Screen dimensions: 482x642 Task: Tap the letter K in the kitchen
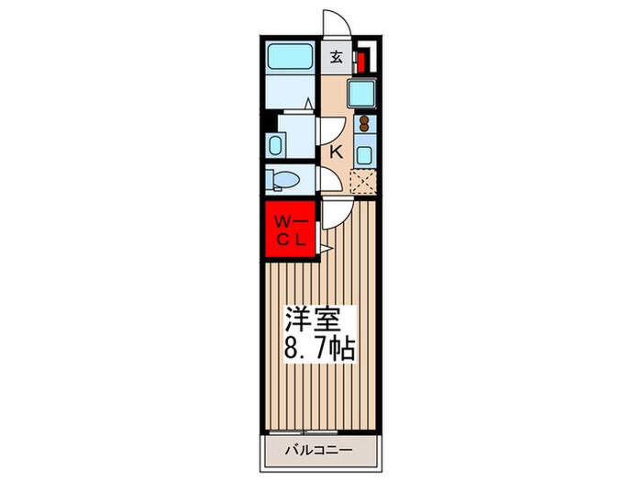coord(336,152)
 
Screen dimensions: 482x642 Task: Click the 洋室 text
coord(314,322)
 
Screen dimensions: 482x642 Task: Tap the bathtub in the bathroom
coord(292,60)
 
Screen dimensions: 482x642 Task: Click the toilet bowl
coord(282,179)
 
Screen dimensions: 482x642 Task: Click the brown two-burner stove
coord(362,124)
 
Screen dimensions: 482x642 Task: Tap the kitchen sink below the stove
coord(364,154)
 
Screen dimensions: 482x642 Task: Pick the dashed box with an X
coord(364,181)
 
